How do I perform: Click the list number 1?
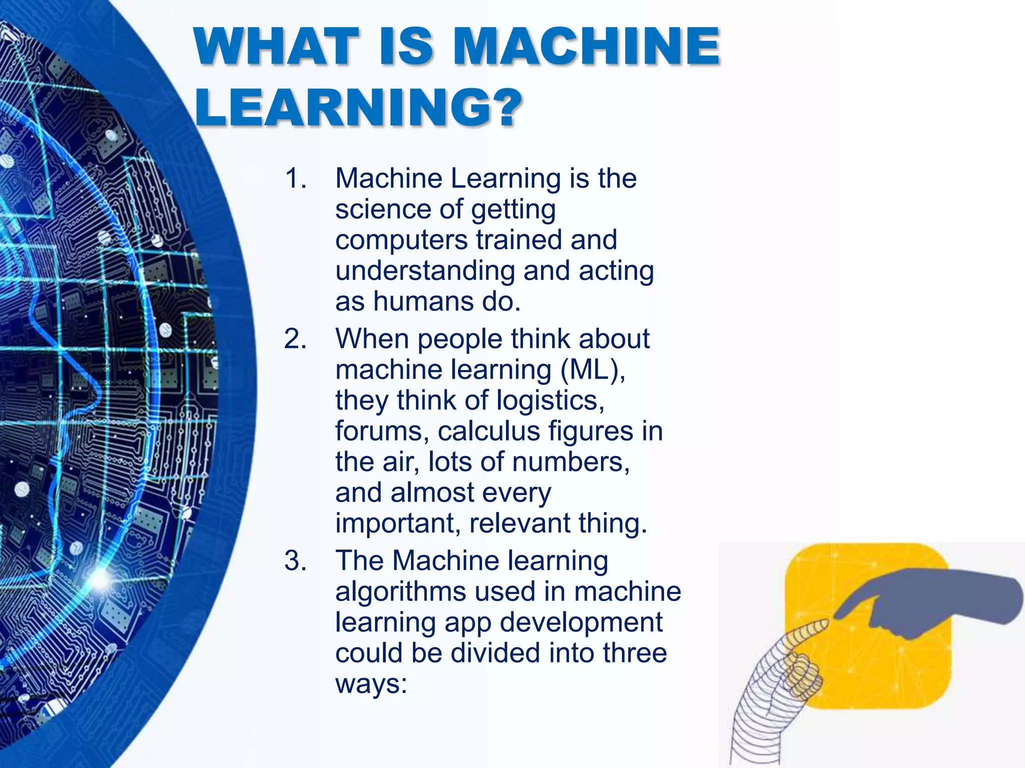[x=295, y=178]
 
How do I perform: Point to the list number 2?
[x=295, y=339]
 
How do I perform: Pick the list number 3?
[x=295, y=560]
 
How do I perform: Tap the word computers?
[x=401, y=240]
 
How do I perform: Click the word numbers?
[x=571, y=462]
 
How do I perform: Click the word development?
[x=581, y=622]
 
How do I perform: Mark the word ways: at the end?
[x=371, y=684]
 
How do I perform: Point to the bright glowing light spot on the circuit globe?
[x=100, y=579]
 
